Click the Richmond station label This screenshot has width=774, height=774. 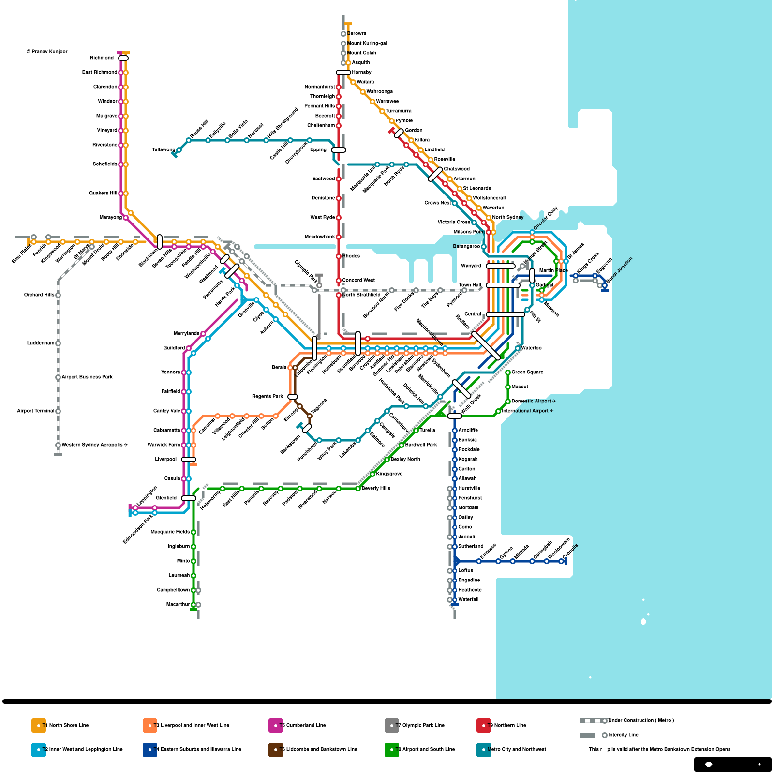pyautogui.click(x=102, y=58)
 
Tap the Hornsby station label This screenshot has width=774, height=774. pyautogui.click(x=361, y=73)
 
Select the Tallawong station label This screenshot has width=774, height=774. pyautogui.click(x=164, y=150)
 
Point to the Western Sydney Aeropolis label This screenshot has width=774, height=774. pyautogui.click(x=94, y=445)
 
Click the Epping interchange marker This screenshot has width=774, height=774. pyautogui.click(x=339, y=150)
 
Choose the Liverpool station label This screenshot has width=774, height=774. pyautogui.click(x=166, y=460)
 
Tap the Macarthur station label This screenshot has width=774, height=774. pyautogui.click(x=178, y=605)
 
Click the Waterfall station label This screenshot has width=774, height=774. pyautogui.click(x=468, y=600)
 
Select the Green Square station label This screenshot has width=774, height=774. pyautogui.click(x=527, y=372)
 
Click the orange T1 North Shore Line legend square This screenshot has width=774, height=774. pyautogui.click(x=39, y=726)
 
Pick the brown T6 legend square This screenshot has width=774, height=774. pyautogui.click(x=276, y=750)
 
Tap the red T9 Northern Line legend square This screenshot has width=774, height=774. pyautogui.click(x=484, y=726)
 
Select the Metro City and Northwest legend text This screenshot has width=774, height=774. pyautogui.click(x=517, y=750)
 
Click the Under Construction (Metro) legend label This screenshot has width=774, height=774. pyautogui.click(x=641, y=721)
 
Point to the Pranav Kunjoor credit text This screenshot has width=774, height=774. pyautogui.click(x=47, y=52)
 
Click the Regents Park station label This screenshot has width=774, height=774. pyautogui.click(x=268, y=397)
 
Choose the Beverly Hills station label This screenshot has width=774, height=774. pyautogui.click(x=376, y=489)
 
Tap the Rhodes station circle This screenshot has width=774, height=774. pyautogui.click(x=339, y=256)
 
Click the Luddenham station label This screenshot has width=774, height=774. pyautogui.click(x=41, y=343)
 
